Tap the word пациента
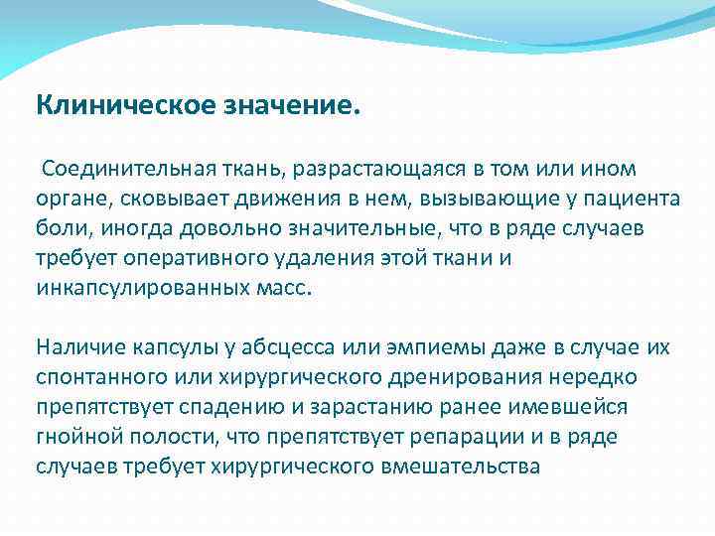pos(633,199)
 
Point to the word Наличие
pos(80,348)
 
